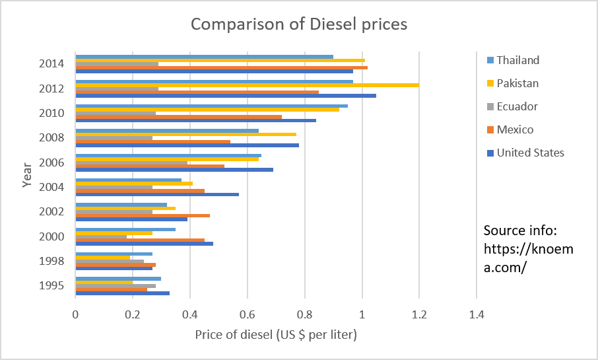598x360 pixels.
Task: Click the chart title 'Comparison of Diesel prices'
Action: click(x=299, y=25)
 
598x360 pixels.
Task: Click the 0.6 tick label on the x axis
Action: click(x=248, y=316)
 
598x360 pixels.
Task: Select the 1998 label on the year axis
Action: click(x=51, y=261)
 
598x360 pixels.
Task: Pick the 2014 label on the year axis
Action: click(x=51, y=64)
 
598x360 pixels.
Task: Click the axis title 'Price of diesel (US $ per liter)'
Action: click(x=276, y=335)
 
